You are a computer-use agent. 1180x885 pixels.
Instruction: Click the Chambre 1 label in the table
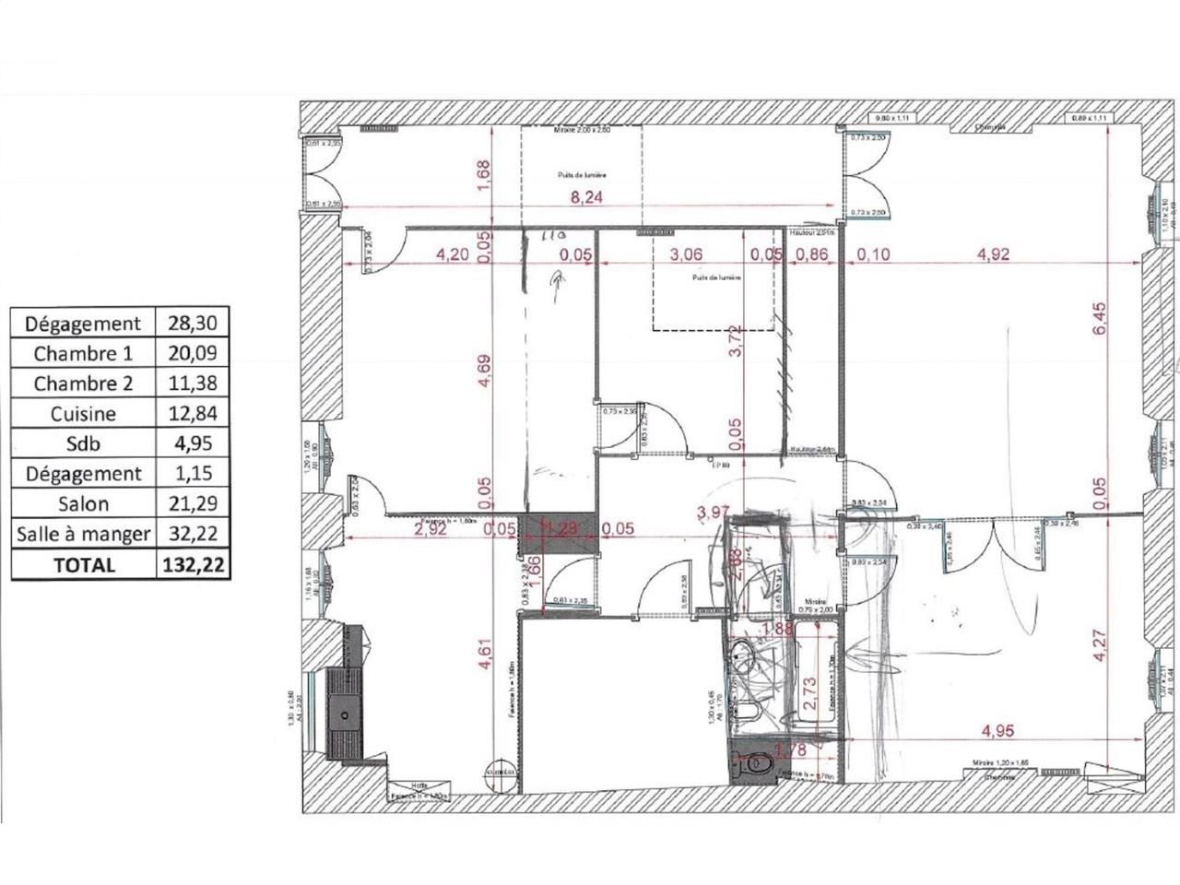83,353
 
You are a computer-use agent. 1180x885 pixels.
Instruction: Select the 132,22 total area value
191,564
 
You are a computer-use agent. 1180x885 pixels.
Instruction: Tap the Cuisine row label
83,414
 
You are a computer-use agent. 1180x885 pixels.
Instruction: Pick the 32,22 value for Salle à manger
191,534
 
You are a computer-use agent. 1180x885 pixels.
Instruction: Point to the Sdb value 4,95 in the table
191,443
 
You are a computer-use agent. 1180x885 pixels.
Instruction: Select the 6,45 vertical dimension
1099,320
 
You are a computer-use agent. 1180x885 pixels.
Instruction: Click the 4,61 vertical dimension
486,659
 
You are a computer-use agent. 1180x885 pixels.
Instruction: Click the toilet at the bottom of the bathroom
758,763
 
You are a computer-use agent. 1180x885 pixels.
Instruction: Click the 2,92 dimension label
431,528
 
